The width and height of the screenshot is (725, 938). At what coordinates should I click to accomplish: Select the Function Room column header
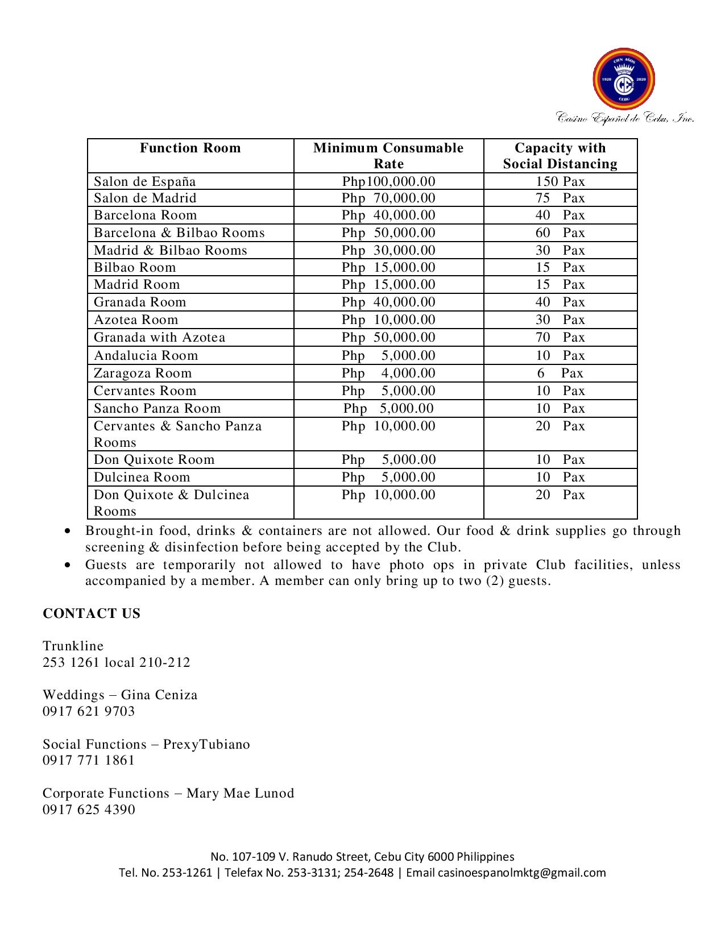190,148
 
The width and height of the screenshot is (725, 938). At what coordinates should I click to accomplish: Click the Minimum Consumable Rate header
388,156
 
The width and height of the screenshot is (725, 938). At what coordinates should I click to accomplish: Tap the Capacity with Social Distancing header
560,156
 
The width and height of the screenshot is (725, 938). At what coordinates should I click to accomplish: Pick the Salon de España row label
145,181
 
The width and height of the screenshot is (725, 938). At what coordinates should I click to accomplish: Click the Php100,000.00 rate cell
388,181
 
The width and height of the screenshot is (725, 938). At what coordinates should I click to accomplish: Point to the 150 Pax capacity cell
560,181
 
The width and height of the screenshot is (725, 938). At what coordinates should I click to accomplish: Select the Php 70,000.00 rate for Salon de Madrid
388,198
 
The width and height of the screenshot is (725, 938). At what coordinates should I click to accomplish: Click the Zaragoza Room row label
143,373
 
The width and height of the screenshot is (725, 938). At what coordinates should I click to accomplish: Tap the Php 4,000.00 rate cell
388,373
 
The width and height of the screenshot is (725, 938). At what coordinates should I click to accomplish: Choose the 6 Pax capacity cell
560,373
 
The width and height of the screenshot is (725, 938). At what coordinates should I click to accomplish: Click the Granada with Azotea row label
160,337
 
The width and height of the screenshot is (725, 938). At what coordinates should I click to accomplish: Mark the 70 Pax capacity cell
560,337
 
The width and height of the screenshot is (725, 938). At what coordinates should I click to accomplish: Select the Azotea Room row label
136,319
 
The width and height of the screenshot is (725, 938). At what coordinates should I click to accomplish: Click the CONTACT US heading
92,613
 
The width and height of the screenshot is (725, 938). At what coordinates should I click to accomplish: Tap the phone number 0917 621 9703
89,711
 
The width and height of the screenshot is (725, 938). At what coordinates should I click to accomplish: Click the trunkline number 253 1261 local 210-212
117,662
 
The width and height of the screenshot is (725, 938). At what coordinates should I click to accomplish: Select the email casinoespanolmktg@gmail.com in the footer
521,873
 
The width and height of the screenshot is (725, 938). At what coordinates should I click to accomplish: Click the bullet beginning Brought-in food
383,538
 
